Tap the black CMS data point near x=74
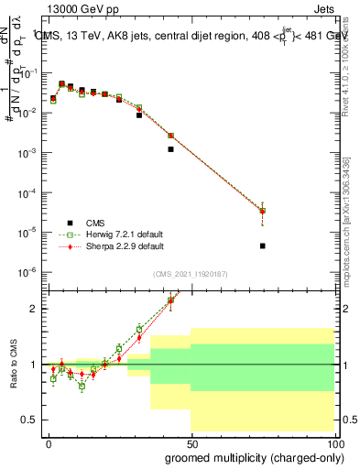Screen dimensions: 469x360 coord(263,245)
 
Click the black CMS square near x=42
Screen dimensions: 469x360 coord(170,148)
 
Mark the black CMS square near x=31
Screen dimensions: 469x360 coord(139,115)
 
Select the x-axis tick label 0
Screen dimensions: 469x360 coord(49,444)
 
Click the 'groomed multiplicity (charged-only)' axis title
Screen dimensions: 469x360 coord(253,457)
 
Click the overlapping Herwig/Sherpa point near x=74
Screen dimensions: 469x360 coord(263,211)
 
